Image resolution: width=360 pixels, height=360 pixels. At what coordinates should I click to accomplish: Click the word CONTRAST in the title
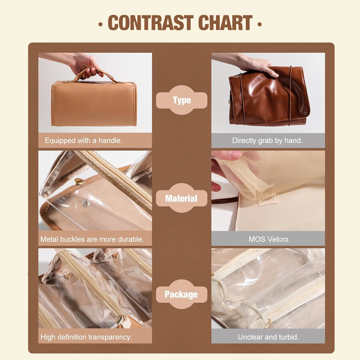[151, 23]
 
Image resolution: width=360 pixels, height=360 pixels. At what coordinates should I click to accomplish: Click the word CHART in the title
[226, 23]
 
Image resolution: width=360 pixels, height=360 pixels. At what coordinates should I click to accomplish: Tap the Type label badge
[181, 100]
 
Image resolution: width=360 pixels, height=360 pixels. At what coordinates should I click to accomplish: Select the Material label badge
[181, 198]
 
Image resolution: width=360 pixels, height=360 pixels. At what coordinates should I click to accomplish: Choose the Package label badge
[181, 294]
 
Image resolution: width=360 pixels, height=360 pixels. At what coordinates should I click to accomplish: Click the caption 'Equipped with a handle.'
[84, 141]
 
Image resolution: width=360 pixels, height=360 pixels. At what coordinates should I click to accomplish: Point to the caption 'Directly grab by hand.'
[267, 141]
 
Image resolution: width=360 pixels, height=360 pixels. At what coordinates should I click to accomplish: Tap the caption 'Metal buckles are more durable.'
[92, 239]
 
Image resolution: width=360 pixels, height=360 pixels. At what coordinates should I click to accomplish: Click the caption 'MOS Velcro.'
[269, 239]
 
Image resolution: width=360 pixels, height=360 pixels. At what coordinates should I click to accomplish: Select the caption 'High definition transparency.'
[86, 337]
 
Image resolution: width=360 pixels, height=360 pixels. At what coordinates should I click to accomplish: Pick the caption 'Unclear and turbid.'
[268, 337]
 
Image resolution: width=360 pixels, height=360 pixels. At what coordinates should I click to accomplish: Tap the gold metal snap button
[79, 182]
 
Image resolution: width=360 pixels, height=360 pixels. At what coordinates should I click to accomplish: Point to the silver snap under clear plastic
[86, 203]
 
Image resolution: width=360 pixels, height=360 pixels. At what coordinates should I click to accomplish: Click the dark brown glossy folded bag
[269, 96]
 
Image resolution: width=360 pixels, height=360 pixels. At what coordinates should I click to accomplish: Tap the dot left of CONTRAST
[100, 24]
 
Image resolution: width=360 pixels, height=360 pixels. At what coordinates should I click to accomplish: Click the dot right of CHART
[260, 24]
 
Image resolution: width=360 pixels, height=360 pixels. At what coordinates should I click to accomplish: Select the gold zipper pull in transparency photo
[121, 319]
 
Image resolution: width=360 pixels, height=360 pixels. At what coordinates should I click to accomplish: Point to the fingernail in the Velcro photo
[235, 155]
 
